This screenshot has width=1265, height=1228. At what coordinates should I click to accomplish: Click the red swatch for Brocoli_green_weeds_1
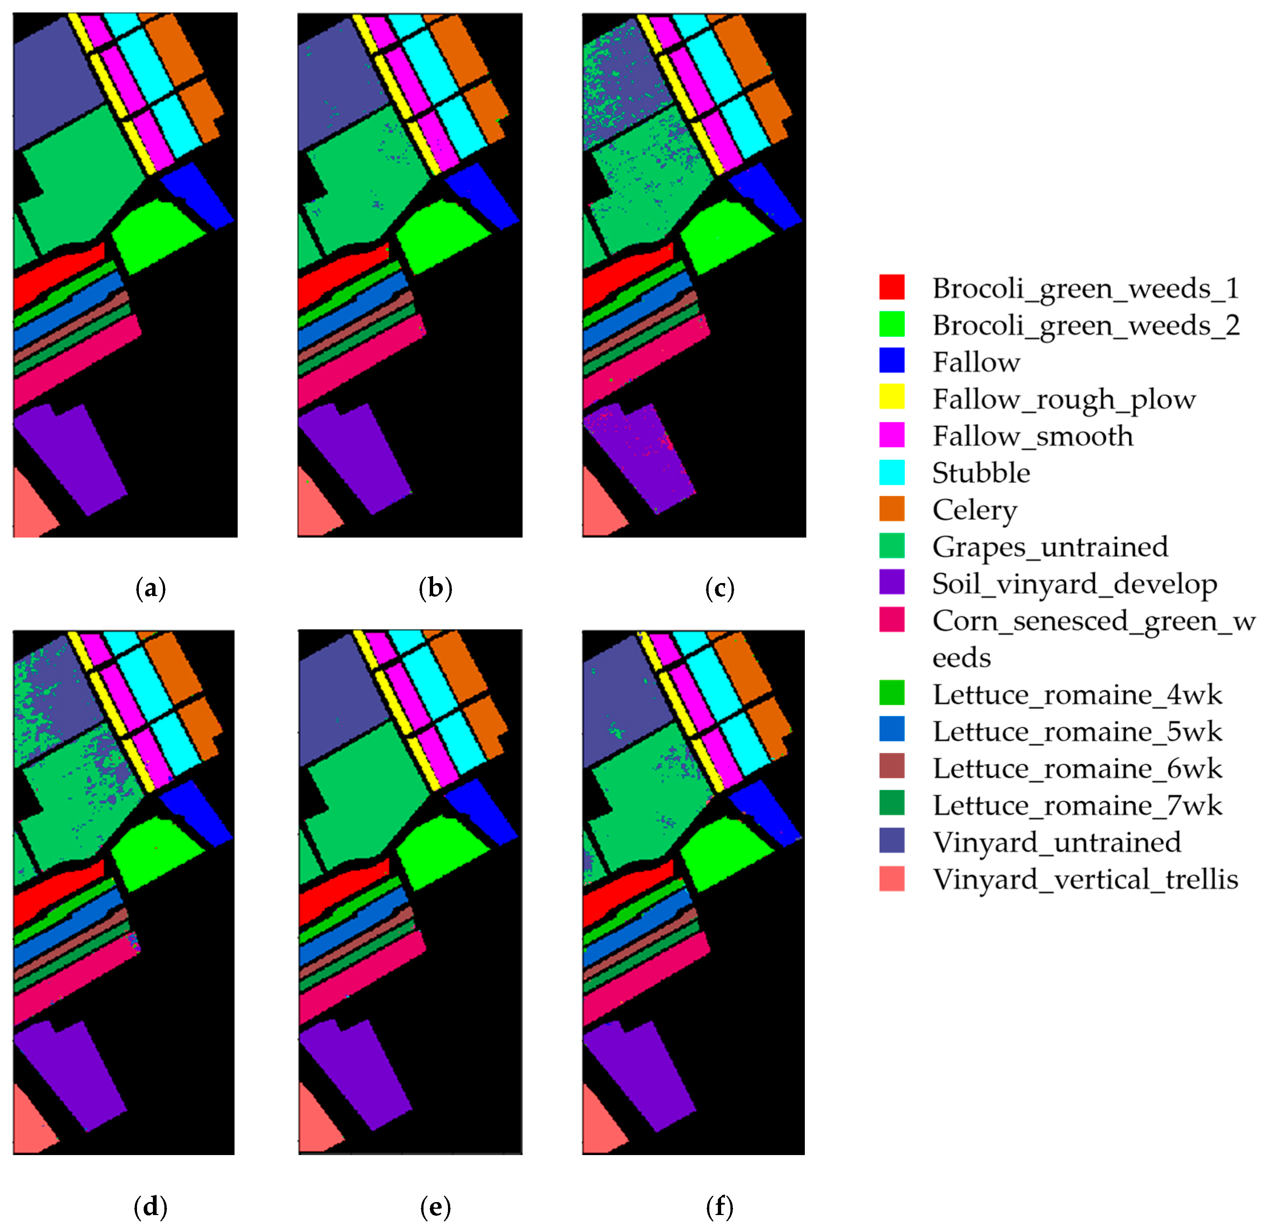coord(891,287)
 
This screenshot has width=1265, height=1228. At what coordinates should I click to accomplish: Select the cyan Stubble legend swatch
coord(891,472)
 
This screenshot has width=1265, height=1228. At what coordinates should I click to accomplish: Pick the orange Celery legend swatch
coord(891,509)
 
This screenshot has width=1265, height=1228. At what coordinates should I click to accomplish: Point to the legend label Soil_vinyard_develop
coord(1074,583)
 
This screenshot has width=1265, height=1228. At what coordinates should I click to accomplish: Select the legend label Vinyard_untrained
coord(1057,842)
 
